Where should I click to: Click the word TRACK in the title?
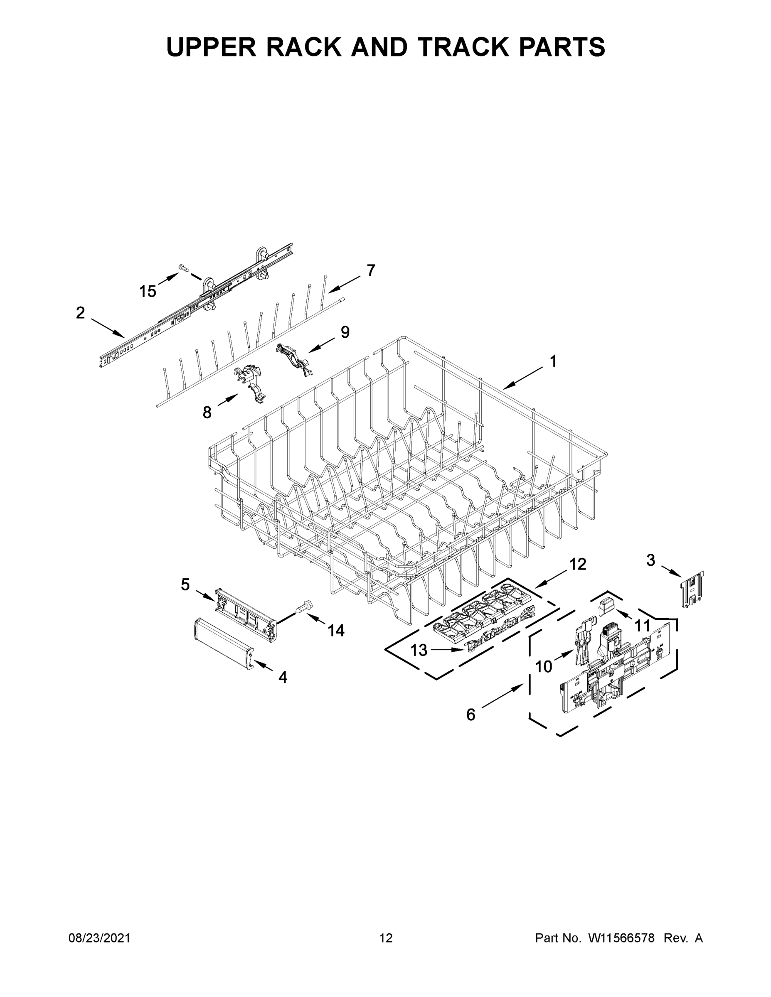(457, 47)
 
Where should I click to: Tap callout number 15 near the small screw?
(148, 291)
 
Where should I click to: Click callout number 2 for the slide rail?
(80, 313)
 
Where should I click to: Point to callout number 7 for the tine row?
(371, 270)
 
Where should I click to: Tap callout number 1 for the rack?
(553, 361)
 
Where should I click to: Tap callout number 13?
(419, 650)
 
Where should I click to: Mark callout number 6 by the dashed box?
(470, 715)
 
